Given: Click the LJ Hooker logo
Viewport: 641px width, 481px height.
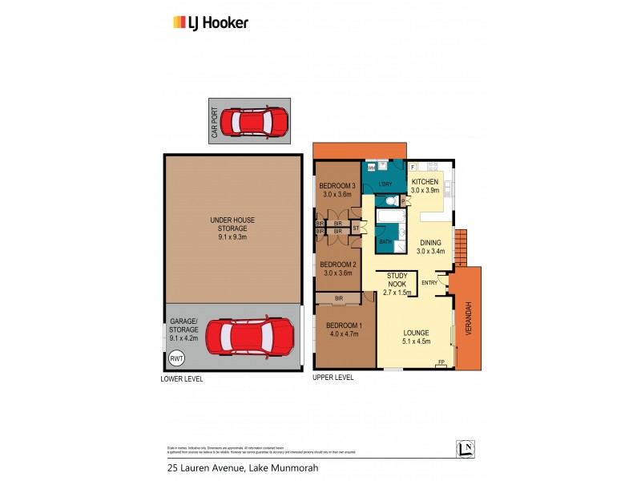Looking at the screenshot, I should (211, 22).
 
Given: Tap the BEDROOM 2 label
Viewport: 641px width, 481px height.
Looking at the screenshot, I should (338, 269).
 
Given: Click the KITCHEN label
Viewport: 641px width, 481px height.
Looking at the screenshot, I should (425, 187).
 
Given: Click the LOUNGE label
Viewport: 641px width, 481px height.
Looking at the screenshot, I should (416, 338).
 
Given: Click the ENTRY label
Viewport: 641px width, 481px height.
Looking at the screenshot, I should (429, 282).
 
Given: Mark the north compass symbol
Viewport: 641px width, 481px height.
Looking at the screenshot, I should (465, 449).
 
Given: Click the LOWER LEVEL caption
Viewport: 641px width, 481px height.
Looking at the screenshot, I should (182, 378).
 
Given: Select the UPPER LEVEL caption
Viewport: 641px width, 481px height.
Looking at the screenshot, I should (333, 377).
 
